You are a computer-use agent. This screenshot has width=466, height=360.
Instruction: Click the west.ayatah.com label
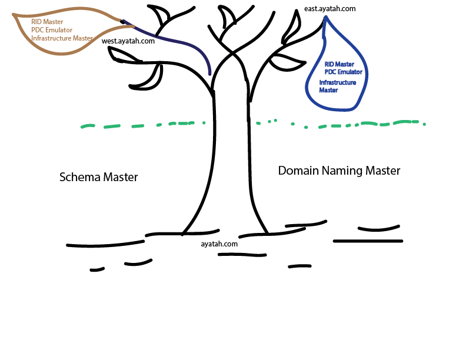(128, 41)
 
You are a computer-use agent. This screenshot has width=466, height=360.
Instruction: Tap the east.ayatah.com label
(330, 9)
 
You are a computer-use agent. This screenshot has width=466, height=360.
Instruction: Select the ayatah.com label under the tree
(219, 243)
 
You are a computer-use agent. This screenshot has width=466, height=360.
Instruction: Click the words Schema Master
(99, 176)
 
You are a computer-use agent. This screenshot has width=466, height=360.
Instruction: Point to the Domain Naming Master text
(339, 171)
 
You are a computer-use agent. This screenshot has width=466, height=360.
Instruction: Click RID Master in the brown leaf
(47, 22)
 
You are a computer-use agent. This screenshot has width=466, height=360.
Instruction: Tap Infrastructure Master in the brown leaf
(62, 38)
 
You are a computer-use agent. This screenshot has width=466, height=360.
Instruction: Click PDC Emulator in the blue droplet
(343, 72)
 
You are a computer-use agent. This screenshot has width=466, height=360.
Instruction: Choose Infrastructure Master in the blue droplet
(337, 86)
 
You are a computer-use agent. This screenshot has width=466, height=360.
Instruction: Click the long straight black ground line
(368, 241)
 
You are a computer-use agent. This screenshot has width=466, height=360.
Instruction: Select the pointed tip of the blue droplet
(325, 18)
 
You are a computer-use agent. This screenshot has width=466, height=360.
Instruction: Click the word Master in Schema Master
(120, 176)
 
